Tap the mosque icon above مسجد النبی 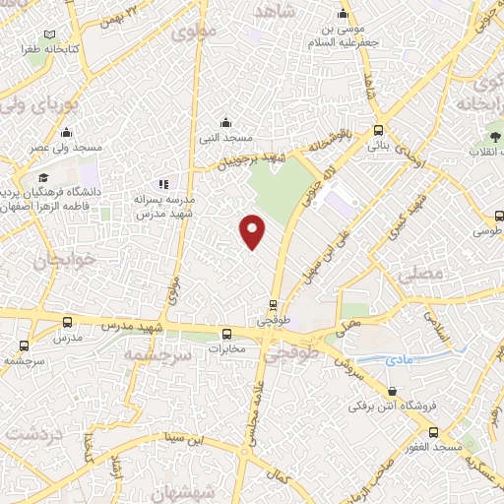[226, 122]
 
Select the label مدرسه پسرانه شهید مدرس [165, 205]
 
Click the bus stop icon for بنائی [379, 131]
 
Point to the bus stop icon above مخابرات [226, 334]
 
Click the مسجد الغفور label [433, 448]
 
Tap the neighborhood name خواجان [53, 262]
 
